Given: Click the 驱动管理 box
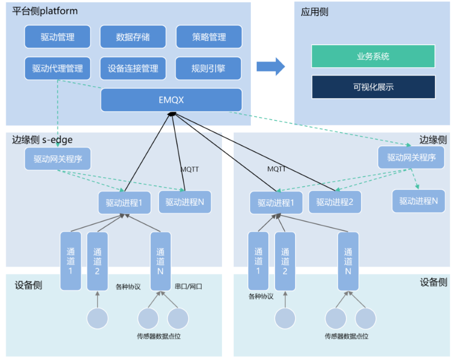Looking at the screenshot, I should pos(58,37).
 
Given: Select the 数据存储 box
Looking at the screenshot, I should pos(133,37).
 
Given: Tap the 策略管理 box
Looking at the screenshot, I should pos(209,37).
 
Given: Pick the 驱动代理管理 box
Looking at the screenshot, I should pos(58,68).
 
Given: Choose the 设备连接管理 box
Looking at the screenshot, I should pos(133,68).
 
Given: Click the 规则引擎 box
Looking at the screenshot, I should pos(208,68).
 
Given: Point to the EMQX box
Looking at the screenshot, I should pos(171,100).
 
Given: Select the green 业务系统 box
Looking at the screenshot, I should pos(373,56).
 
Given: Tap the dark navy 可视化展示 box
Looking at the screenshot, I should pos(373,87).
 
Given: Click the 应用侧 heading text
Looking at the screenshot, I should pos(315,12).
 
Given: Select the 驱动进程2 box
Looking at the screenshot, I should pos(335,203).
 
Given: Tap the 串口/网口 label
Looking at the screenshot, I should pos(189,287).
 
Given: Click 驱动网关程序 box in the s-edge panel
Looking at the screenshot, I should pos(58,159).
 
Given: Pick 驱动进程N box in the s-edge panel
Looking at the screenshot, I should pos(185,202).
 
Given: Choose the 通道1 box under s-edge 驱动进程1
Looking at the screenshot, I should pos(71,261).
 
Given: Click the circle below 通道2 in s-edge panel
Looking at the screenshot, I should pos(98,318).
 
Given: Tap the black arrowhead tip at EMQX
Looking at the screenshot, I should pos(171,114).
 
